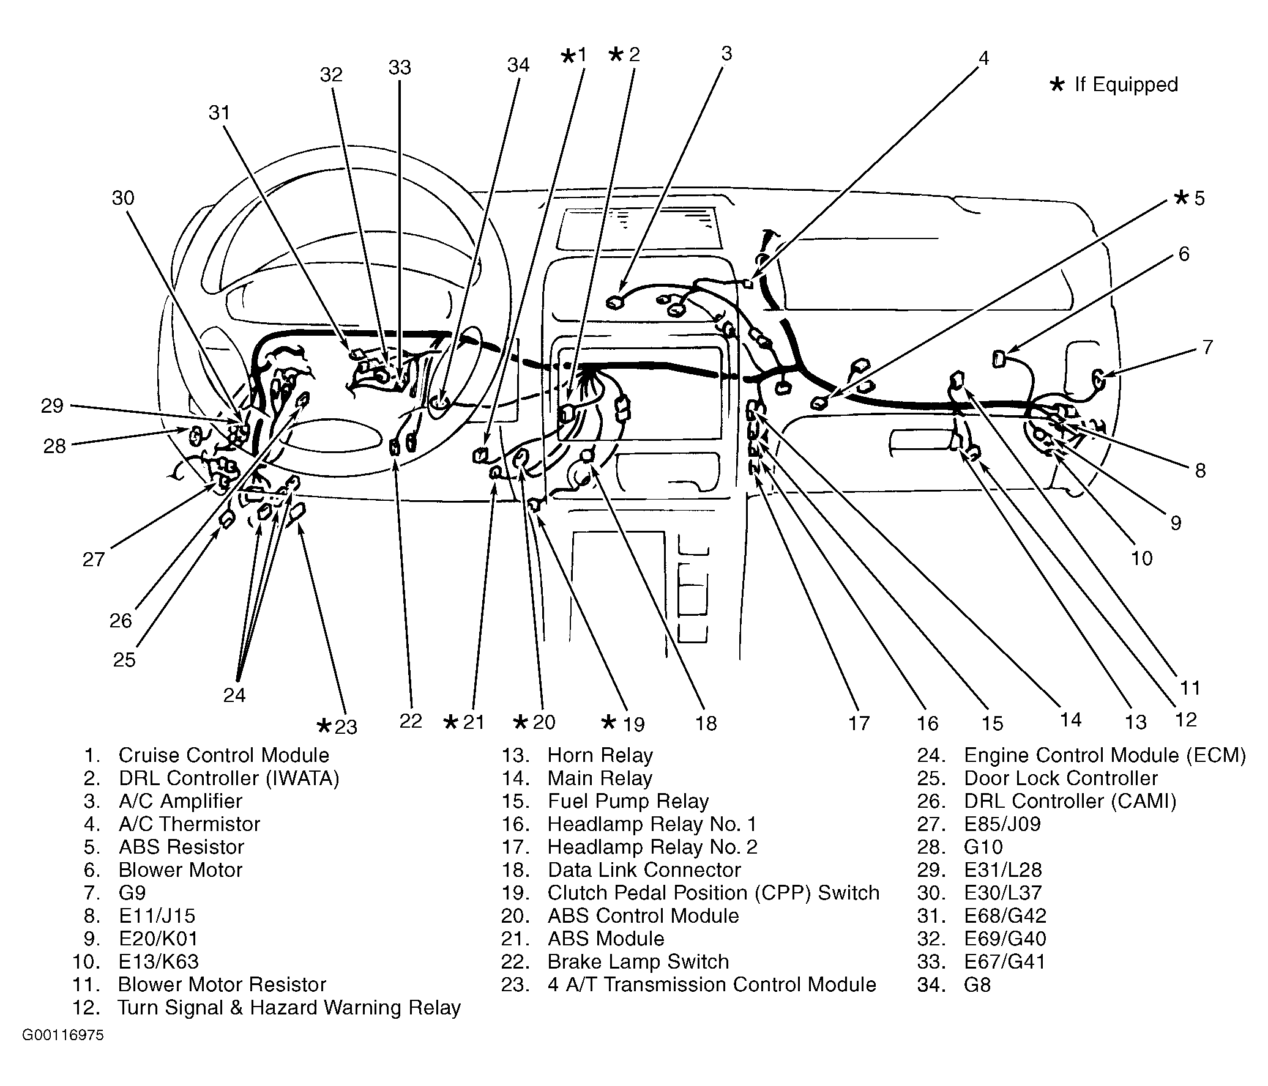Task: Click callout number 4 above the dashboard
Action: pos(983,59)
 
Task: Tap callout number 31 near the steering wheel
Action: pos(218,113)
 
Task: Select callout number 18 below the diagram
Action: pos(706,723)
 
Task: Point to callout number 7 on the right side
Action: pos(1207,347)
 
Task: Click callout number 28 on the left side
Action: pos(54,446)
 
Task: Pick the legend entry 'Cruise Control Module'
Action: pos(223,755)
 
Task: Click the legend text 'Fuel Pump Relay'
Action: pos(627,801)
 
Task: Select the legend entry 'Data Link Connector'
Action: pos(644,870)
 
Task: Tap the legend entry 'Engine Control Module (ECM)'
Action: pos(1105,755)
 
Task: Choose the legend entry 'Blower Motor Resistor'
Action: pos(222,984)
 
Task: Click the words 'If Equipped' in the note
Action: pos(1126,84)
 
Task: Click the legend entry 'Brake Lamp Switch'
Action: pos(638,961)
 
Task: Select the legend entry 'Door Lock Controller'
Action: pos(1061,778)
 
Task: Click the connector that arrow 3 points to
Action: pos(613,301)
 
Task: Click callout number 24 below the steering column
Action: pos(234,695)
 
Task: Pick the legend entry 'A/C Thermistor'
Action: pos(189,824)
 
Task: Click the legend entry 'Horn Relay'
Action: pos(600,755)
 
